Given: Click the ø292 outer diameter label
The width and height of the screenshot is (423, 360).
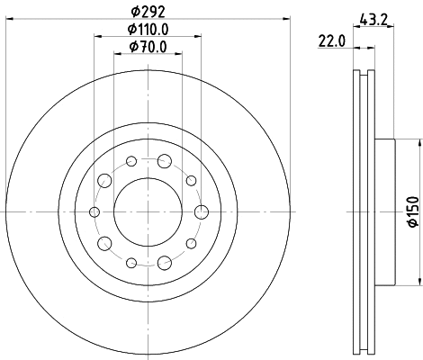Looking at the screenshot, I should pos(148,13).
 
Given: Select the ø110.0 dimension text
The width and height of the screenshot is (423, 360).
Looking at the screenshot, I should pos(148,30).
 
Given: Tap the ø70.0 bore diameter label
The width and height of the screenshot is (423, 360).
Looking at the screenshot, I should pos(148,46).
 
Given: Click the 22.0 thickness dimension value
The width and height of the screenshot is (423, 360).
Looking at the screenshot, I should pos(331,40).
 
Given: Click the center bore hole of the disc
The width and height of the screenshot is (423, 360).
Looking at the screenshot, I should pos(148,211).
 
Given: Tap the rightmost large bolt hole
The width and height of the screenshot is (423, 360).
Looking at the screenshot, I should pos(201,211).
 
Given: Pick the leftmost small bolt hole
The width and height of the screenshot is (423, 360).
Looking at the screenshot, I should pos(94,211).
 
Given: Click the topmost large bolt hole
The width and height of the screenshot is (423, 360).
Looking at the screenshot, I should pos(164,161).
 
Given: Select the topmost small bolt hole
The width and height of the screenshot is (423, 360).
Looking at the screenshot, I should pos(131,161).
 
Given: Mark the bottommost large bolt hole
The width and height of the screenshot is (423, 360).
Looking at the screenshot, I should pos(164,262).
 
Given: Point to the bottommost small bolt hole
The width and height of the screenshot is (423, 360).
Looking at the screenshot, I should pos(131,262).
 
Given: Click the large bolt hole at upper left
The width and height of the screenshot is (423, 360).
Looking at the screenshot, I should pos(104,180).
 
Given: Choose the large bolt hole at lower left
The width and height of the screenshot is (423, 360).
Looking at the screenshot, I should pos(104,243).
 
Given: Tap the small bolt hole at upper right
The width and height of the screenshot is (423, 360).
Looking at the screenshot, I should pos(191,180).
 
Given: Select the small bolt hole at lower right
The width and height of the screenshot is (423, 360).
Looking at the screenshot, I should pos(191,243).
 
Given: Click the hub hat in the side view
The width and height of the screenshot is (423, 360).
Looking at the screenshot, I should pos(384,211).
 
